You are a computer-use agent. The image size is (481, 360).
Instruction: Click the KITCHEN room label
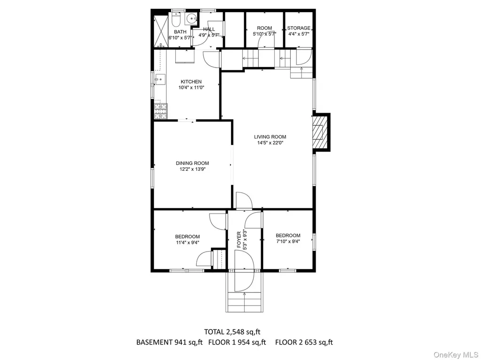(x=191, y=82)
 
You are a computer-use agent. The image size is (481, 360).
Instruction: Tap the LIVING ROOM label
(x=270, y=137)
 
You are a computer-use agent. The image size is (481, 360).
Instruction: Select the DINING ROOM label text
(x=192, y=163)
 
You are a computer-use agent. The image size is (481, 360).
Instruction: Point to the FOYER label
(x=239, y=239)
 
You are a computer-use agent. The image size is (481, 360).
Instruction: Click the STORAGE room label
(x=298, y=28)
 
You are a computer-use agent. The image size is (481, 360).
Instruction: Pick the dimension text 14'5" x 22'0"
(x=270, y=143)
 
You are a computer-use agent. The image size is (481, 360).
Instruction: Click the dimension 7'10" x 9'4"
(x=288, y=241)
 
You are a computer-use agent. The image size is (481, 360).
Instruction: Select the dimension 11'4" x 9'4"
(x=187, y=243)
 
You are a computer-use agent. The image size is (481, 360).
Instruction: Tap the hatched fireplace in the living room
(x=320, y=132)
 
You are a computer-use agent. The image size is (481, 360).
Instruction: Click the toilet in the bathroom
(x=176, y=19)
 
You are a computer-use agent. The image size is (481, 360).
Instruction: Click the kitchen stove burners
(x=161, y=111)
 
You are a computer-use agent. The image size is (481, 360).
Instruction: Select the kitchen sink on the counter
(x=160, y=79)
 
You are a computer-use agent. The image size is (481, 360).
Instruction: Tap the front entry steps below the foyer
(x=244, y=302)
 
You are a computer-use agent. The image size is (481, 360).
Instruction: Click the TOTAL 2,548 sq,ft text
(x=232, y=331)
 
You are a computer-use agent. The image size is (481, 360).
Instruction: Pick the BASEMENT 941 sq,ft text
(x=169, y=342)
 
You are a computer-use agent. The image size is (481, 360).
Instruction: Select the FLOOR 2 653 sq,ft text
(x=304, y=342)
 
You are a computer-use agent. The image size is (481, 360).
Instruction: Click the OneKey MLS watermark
(x=456, y=355)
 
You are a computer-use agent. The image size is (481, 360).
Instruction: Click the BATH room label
(x=180, y=32)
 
